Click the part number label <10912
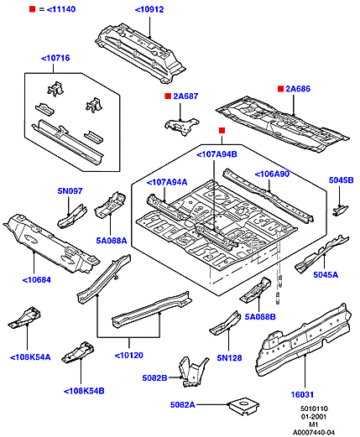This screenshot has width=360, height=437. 149,9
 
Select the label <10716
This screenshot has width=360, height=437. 55,58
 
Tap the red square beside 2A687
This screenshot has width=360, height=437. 168,96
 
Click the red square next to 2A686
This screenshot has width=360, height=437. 280,89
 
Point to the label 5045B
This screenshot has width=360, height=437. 341,180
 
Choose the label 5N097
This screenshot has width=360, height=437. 70,191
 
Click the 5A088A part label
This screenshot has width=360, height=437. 112,241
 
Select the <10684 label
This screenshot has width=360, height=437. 36,280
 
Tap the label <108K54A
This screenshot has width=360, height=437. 30,357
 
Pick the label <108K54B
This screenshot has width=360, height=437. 84,391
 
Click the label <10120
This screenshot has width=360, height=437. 129,356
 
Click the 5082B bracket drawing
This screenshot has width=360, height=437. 193,372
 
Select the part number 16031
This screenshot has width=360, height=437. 302,394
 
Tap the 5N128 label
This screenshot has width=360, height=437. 229,358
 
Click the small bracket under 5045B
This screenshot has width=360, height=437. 340,211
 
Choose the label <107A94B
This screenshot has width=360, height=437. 217,154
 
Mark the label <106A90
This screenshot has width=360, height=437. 272,174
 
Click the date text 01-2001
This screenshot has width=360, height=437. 314,417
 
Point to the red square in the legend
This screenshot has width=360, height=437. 33,9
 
